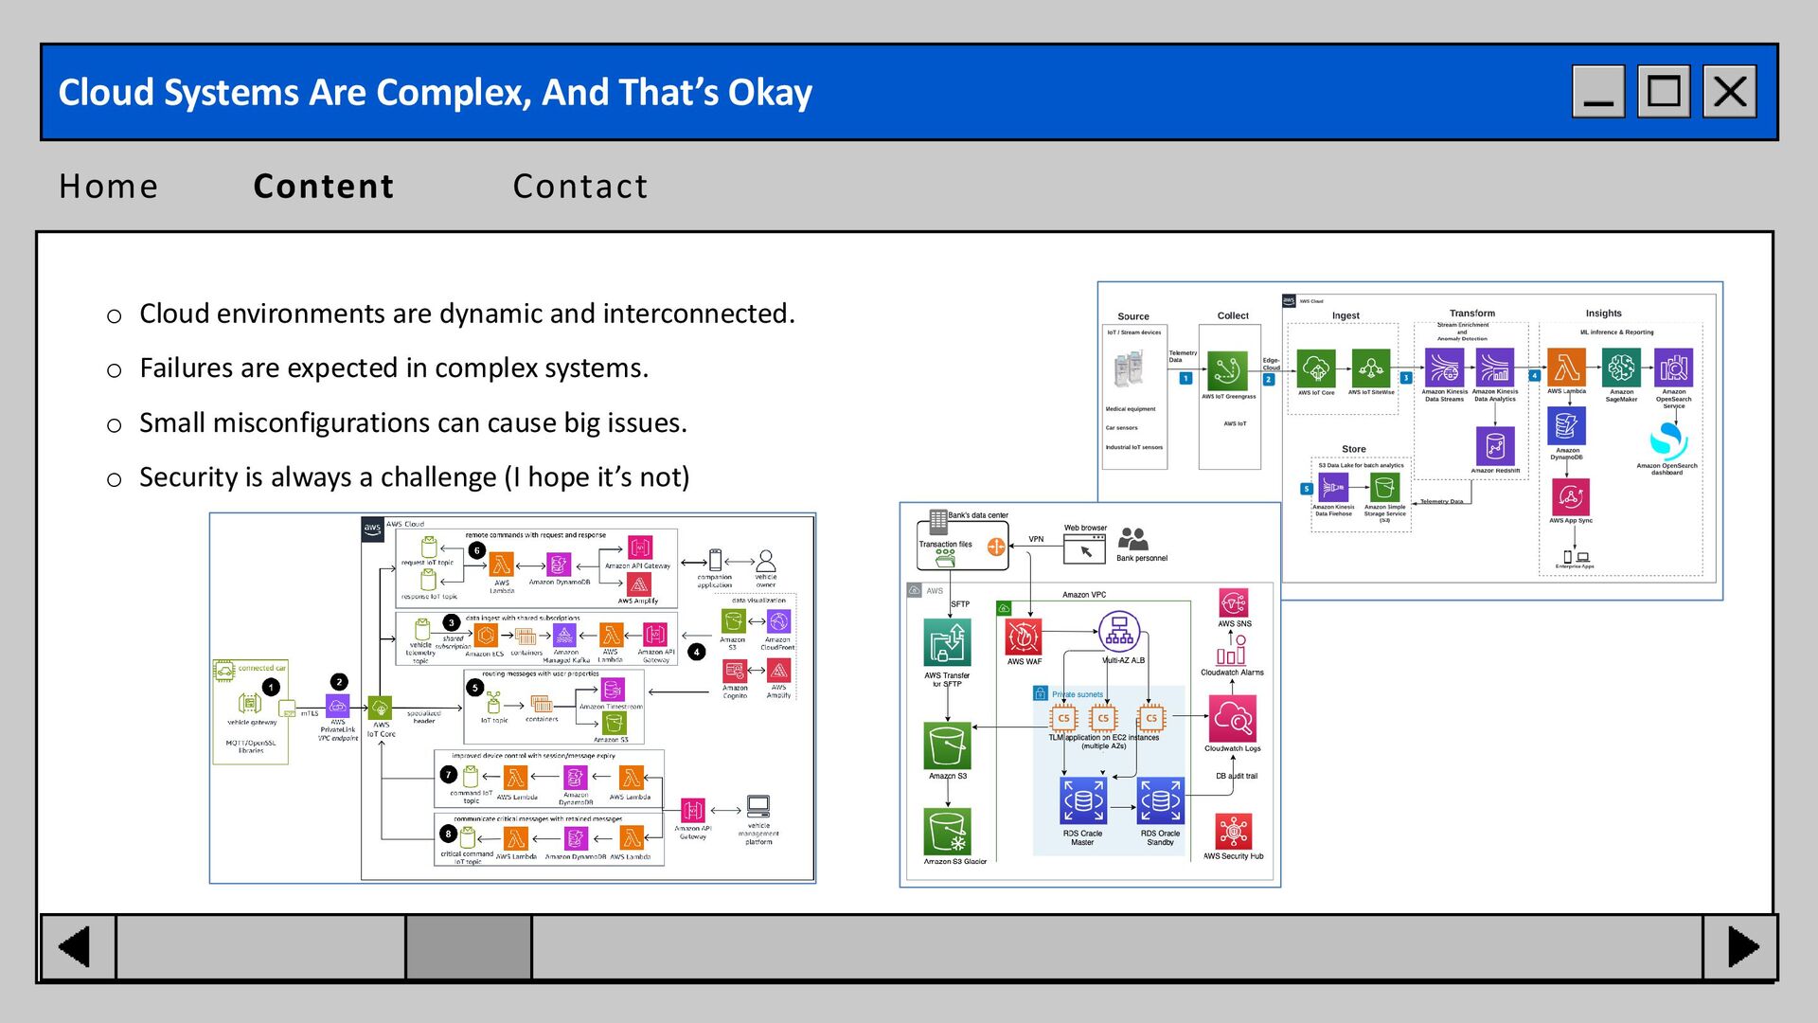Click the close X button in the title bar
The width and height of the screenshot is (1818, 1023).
(1729, 92)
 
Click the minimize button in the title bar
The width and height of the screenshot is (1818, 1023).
(1598, 92)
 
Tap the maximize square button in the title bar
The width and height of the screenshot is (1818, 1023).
(1664, 92)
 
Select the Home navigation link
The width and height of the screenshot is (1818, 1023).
(108, 187)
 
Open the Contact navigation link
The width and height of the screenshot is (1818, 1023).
(580, 187)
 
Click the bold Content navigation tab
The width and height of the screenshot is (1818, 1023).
(324, 187)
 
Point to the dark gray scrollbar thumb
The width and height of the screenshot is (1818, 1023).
(468, 946)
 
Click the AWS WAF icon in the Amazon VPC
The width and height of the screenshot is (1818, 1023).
(1024, 637)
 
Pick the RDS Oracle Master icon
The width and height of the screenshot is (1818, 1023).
(1082, 801)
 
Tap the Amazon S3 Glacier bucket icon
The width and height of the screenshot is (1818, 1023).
(947, 832)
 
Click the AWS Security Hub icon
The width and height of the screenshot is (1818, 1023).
(1233, 832)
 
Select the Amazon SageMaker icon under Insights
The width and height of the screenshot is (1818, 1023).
(1621, 368)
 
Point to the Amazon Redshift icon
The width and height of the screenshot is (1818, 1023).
(1495, 445)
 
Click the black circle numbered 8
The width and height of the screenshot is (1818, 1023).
(448, 835)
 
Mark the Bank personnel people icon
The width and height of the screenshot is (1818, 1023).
(1132, 539)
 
